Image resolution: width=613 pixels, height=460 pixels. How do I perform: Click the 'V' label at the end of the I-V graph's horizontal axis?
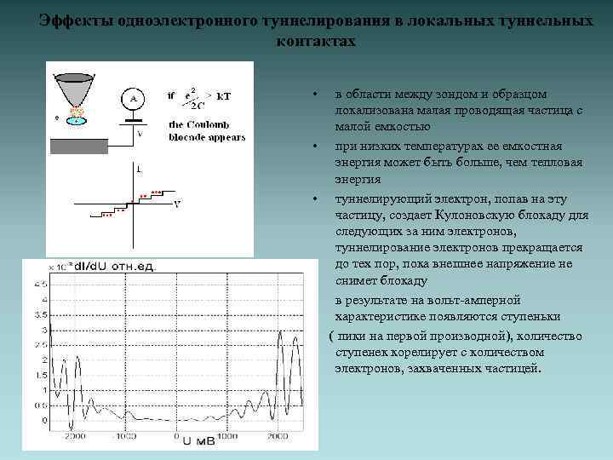pos(176,204)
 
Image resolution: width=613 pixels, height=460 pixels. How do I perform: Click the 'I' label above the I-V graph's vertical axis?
pos(138,170)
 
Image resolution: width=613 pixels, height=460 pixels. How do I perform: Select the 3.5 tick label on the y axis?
pos(38,315)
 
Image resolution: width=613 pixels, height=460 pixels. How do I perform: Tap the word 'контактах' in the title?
pos(317,41)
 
